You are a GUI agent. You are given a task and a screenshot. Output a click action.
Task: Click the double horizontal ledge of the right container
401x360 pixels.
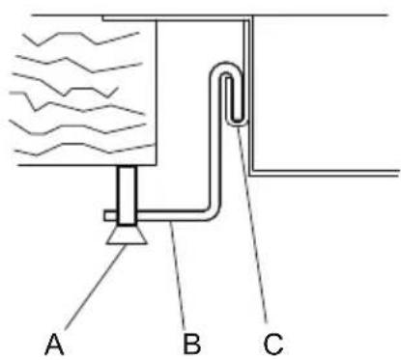[x=324, y=173]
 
